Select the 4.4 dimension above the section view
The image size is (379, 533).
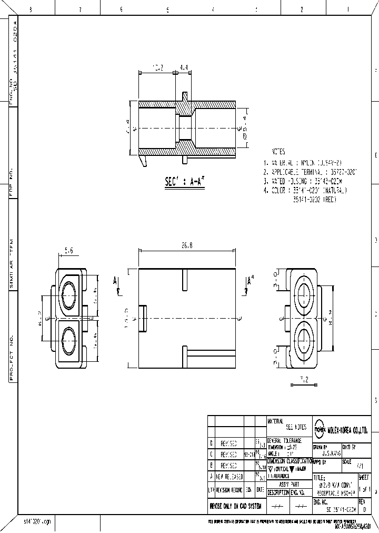(x=183, y=68)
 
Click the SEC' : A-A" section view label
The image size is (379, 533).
(x=184, y=182)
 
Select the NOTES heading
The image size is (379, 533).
(x=278, y=151)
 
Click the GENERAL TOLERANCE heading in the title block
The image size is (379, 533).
(x=284, y=440)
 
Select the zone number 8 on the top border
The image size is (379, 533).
(x=31, y=9)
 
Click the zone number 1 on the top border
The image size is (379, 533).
(x=348, y=9)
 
